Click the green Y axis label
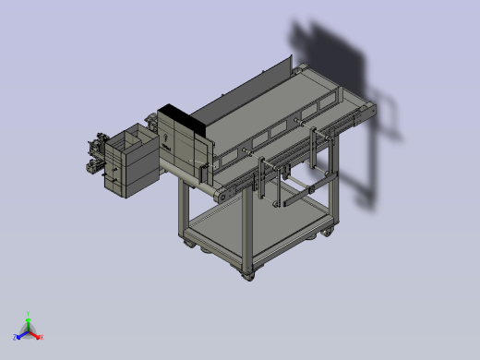coord(29,313)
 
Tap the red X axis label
coord(42,337)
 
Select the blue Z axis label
coord(16,337)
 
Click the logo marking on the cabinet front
coord(166,140)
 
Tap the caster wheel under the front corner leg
coord(247,273)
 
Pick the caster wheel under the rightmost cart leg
coord(328,231)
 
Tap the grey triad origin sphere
coord(29,330)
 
